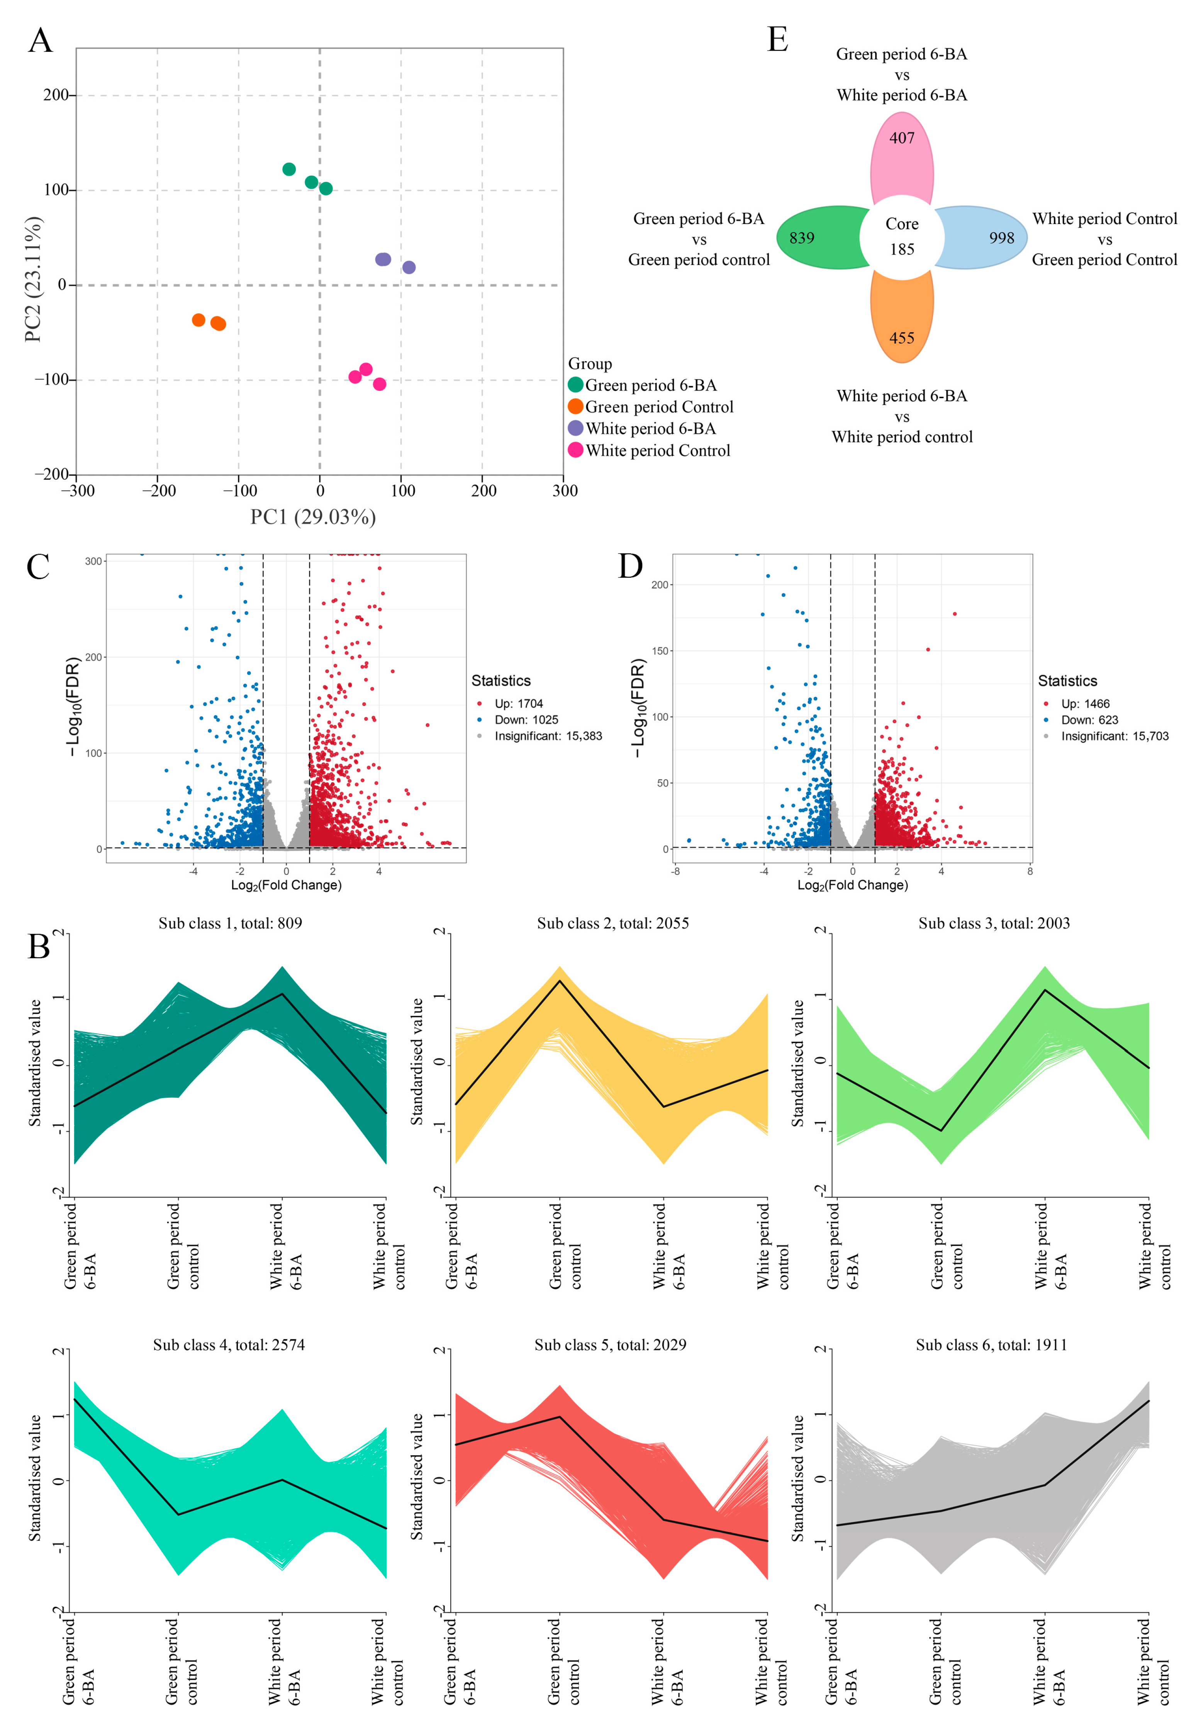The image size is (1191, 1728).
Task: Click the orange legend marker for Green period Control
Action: (575, 407)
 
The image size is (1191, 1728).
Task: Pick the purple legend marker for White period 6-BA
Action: (575, 428)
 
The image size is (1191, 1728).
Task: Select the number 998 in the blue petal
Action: (1001, 238)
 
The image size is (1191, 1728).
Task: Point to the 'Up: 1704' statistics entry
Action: (519, 704)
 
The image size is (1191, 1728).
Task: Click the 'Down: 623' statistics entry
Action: (1089, 720)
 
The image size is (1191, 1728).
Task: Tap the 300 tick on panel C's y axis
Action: (93, 561)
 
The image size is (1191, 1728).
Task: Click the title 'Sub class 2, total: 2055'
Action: (612, 924)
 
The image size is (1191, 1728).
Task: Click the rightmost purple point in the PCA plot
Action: (409, 267)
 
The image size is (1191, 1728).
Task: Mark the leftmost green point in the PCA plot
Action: (289, 170)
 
